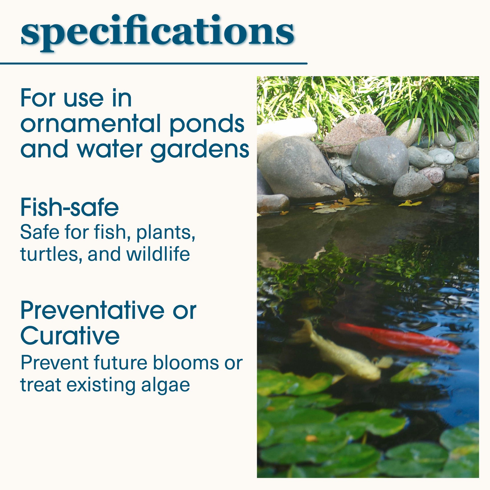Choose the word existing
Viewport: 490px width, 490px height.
tap(101, 386)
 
